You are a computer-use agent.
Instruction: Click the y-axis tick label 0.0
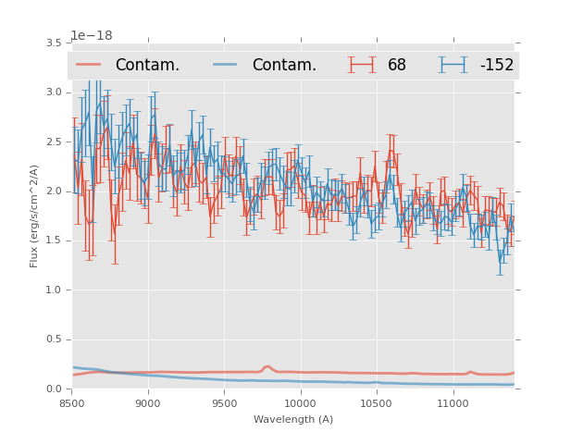click(x=53, y=389)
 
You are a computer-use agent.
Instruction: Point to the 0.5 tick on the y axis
click(x=53, y=339)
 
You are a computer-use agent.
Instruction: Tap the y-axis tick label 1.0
click(x=53, y=290)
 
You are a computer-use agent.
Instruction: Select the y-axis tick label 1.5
click(x=53, y=241)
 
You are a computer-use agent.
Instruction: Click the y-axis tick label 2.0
click(x=53, y=191)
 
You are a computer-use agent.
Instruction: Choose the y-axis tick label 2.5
click(x=53, y=142)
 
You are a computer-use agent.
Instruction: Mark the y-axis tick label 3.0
click(x=53, y=92)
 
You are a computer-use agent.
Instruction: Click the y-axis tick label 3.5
click(x=53, y=43)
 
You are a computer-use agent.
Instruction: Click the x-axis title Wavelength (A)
click(x=293, y=419)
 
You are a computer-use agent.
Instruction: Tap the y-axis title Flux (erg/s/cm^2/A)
click(x=34, y=216)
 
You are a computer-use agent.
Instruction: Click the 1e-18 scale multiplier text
click(x=92, y=36)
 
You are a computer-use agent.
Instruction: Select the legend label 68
click(x=396, y=65)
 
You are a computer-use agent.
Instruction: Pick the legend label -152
click(x=496, y=65)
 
